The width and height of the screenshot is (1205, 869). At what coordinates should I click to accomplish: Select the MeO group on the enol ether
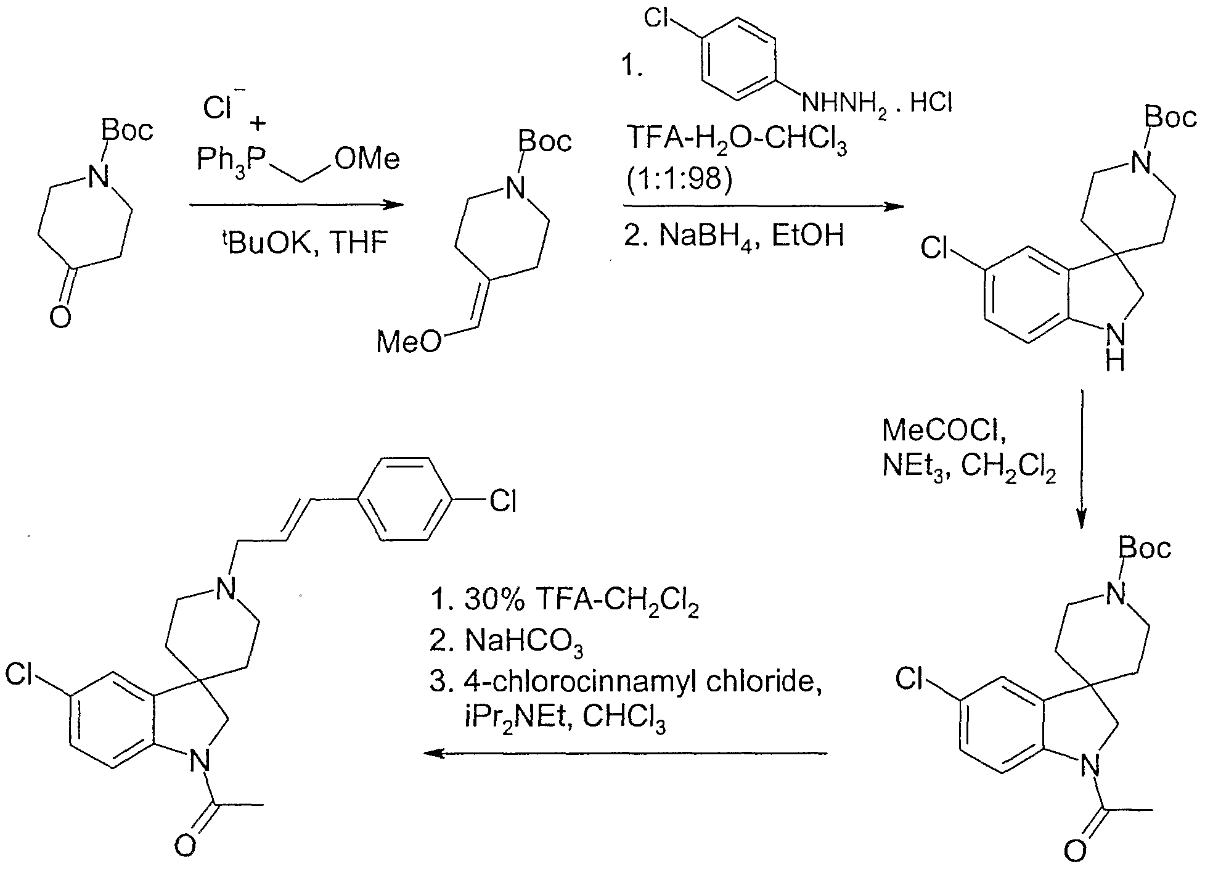[x=409, y=341]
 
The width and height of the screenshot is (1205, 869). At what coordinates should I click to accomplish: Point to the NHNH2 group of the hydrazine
[x=844, y=103]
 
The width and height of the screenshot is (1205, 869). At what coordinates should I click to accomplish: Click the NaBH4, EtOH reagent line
[x=733, y=236]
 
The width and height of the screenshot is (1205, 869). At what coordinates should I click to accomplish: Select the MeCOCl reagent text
[x=944, y=430]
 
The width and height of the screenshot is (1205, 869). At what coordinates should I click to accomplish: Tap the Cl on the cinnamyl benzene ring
[x=502, y=500]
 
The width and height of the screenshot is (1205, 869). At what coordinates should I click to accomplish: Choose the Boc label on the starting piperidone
[x=127, y=131]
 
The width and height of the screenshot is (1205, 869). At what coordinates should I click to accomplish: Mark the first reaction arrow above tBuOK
[x=296, y=205]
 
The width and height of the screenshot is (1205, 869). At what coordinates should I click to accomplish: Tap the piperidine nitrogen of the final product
[x=226, y=590]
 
